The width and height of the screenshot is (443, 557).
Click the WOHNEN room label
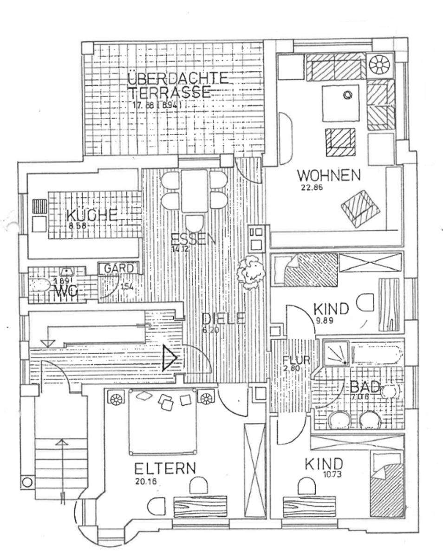coord(329,176)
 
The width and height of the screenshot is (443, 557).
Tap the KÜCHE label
coord(91,215)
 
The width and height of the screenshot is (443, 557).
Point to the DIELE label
coord(223,318)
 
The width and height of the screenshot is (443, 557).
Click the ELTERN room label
coord(165,468)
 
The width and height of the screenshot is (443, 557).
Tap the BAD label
coord(365,387)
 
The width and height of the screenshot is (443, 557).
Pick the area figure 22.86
coord(311,188)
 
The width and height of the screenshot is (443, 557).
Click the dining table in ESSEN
coord(194,191)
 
